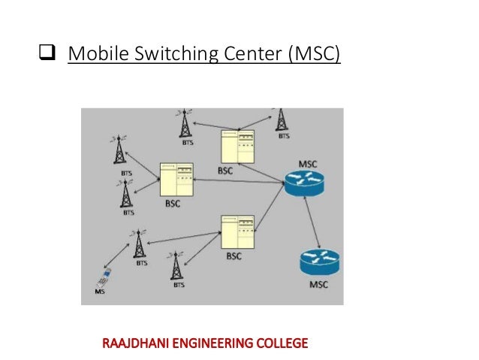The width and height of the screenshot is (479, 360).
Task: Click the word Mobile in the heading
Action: coord(92,55)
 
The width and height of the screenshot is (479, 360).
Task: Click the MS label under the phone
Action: coord(99,290)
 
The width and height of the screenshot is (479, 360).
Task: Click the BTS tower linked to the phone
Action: coord(140,244)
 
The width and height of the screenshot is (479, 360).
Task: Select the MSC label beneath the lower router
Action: coord(319,285)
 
